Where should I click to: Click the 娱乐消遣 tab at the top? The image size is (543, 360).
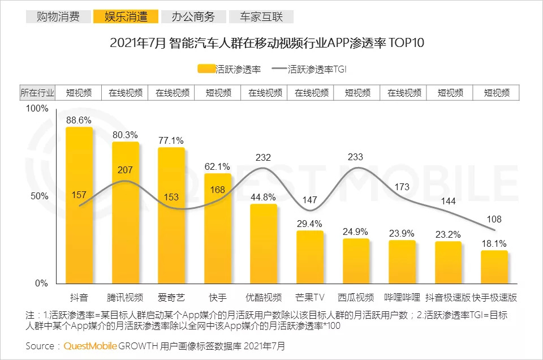tap(126, 16)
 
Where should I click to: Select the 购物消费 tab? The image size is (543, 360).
tap(58, 16)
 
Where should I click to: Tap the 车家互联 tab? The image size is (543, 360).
tap(261, 16)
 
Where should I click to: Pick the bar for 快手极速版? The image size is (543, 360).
tap(494, 267)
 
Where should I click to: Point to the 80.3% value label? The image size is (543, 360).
tap(125, 135)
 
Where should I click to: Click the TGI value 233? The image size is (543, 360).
tap(356, 157)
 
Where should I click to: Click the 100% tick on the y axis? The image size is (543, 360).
tap(38, 109)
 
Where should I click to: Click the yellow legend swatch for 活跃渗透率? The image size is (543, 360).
tap(206, 70)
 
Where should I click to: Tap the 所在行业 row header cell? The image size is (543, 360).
tap(38, 93)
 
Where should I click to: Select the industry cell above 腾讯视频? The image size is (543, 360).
tap(125, 93)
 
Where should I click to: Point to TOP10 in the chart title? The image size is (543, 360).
tap(407, 43)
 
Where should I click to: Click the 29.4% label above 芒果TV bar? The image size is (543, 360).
tap(309, 224)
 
